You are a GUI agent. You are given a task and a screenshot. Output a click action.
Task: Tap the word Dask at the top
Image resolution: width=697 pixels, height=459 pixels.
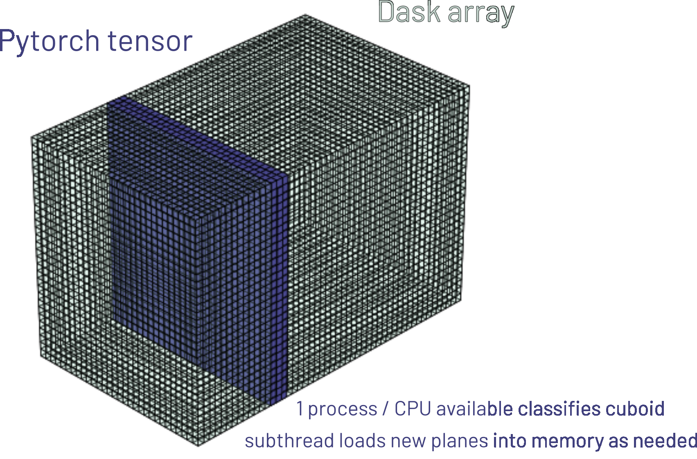409,12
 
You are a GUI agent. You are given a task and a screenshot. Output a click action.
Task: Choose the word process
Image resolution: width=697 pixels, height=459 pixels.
343,410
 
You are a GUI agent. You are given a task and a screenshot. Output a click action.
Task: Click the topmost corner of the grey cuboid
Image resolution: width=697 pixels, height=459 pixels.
305,14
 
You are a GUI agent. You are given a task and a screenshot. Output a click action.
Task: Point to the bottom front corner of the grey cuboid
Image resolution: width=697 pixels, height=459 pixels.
198,446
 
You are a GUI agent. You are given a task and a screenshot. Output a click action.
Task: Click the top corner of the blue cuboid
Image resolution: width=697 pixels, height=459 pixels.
124,96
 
